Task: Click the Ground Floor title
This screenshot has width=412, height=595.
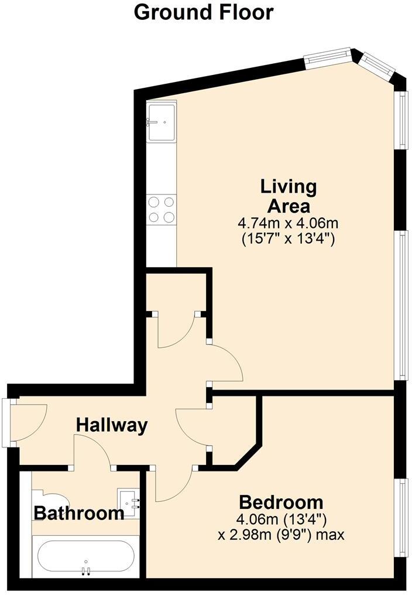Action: pyautogui.click(x=203, y=12)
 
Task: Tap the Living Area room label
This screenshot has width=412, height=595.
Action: pyautogui.click(x=289, y=197)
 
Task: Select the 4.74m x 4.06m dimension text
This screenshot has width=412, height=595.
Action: pyautogui.click(x=288, y=223)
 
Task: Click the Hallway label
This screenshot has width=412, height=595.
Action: pyautogui.click(x=112, y=425)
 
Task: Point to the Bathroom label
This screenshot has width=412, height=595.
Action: pyautogui.click(x=79, y=514)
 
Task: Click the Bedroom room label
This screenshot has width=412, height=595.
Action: pyautogui.click(x=281, y=502)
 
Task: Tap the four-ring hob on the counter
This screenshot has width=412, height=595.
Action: pyautogui.click(x=162, y=210)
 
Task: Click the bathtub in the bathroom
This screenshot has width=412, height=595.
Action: pyautogui.click(x=86, y=557)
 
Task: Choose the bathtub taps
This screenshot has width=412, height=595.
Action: pyautogui.click(x=86, y=570)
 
